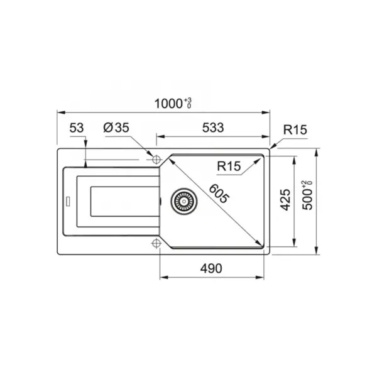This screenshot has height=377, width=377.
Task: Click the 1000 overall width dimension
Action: coord(168,104)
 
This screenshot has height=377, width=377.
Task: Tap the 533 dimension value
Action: coord(213,128)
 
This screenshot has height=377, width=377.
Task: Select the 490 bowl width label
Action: coord(211,268)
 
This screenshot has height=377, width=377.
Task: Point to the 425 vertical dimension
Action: coord(286,200)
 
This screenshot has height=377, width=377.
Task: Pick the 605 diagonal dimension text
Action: coord(219,193)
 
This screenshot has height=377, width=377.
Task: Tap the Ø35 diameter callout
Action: coord(116,128)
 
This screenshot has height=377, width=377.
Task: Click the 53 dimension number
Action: coord(77,128)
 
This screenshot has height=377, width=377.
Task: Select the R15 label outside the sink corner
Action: coord(295,130)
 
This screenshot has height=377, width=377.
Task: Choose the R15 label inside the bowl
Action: coord(229,166)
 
